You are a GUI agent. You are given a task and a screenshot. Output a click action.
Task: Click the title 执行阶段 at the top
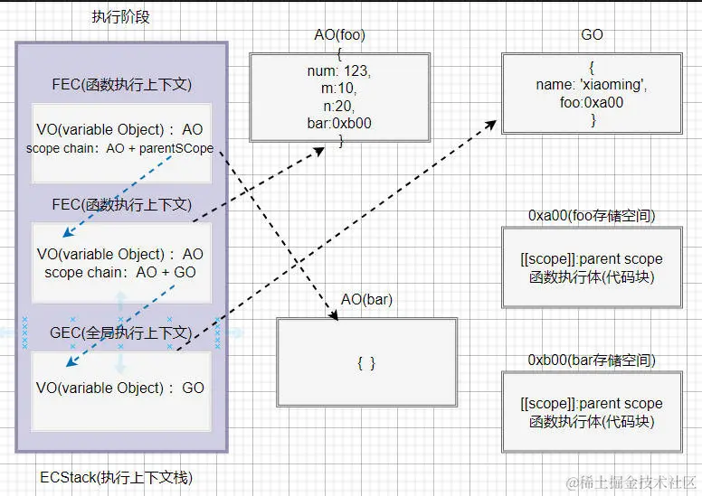(120, 17)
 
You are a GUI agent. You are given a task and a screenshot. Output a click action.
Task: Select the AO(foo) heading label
(339, 35)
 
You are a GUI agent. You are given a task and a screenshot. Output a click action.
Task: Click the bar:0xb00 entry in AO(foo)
(340, 123)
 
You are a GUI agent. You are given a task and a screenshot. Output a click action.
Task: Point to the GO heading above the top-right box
(592, 35)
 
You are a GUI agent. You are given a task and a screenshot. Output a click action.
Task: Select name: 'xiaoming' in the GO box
(592, 86)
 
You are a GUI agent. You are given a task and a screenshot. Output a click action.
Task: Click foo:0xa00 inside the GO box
(592, 103)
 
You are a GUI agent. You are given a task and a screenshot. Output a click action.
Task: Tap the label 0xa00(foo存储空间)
(592, 216)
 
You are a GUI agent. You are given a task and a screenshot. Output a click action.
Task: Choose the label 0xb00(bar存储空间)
(592, 360)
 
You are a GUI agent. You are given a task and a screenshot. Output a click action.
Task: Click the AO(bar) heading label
(366, 299)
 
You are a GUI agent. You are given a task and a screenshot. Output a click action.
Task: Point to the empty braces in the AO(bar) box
(366, 363)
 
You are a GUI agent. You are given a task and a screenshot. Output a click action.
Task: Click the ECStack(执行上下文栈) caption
(117, 477)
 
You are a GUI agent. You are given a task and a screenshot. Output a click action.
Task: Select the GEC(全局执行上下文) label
(119, 332)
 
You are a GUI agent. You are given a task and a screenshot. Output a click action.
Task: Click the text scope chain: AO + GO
(119, 272)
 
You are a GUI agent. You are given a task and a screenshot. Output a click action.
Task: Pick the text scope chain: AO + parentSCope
(119, 148)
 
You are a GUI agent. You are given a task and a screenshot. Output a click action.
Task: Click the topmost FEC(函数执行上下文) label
(121, 86)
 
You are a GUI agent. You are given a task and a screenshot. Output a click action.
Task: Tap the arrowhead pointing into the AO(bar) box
(334, 316)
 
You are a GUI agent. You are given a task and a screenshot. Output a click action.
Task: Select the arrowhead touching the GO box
(498, 120)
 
